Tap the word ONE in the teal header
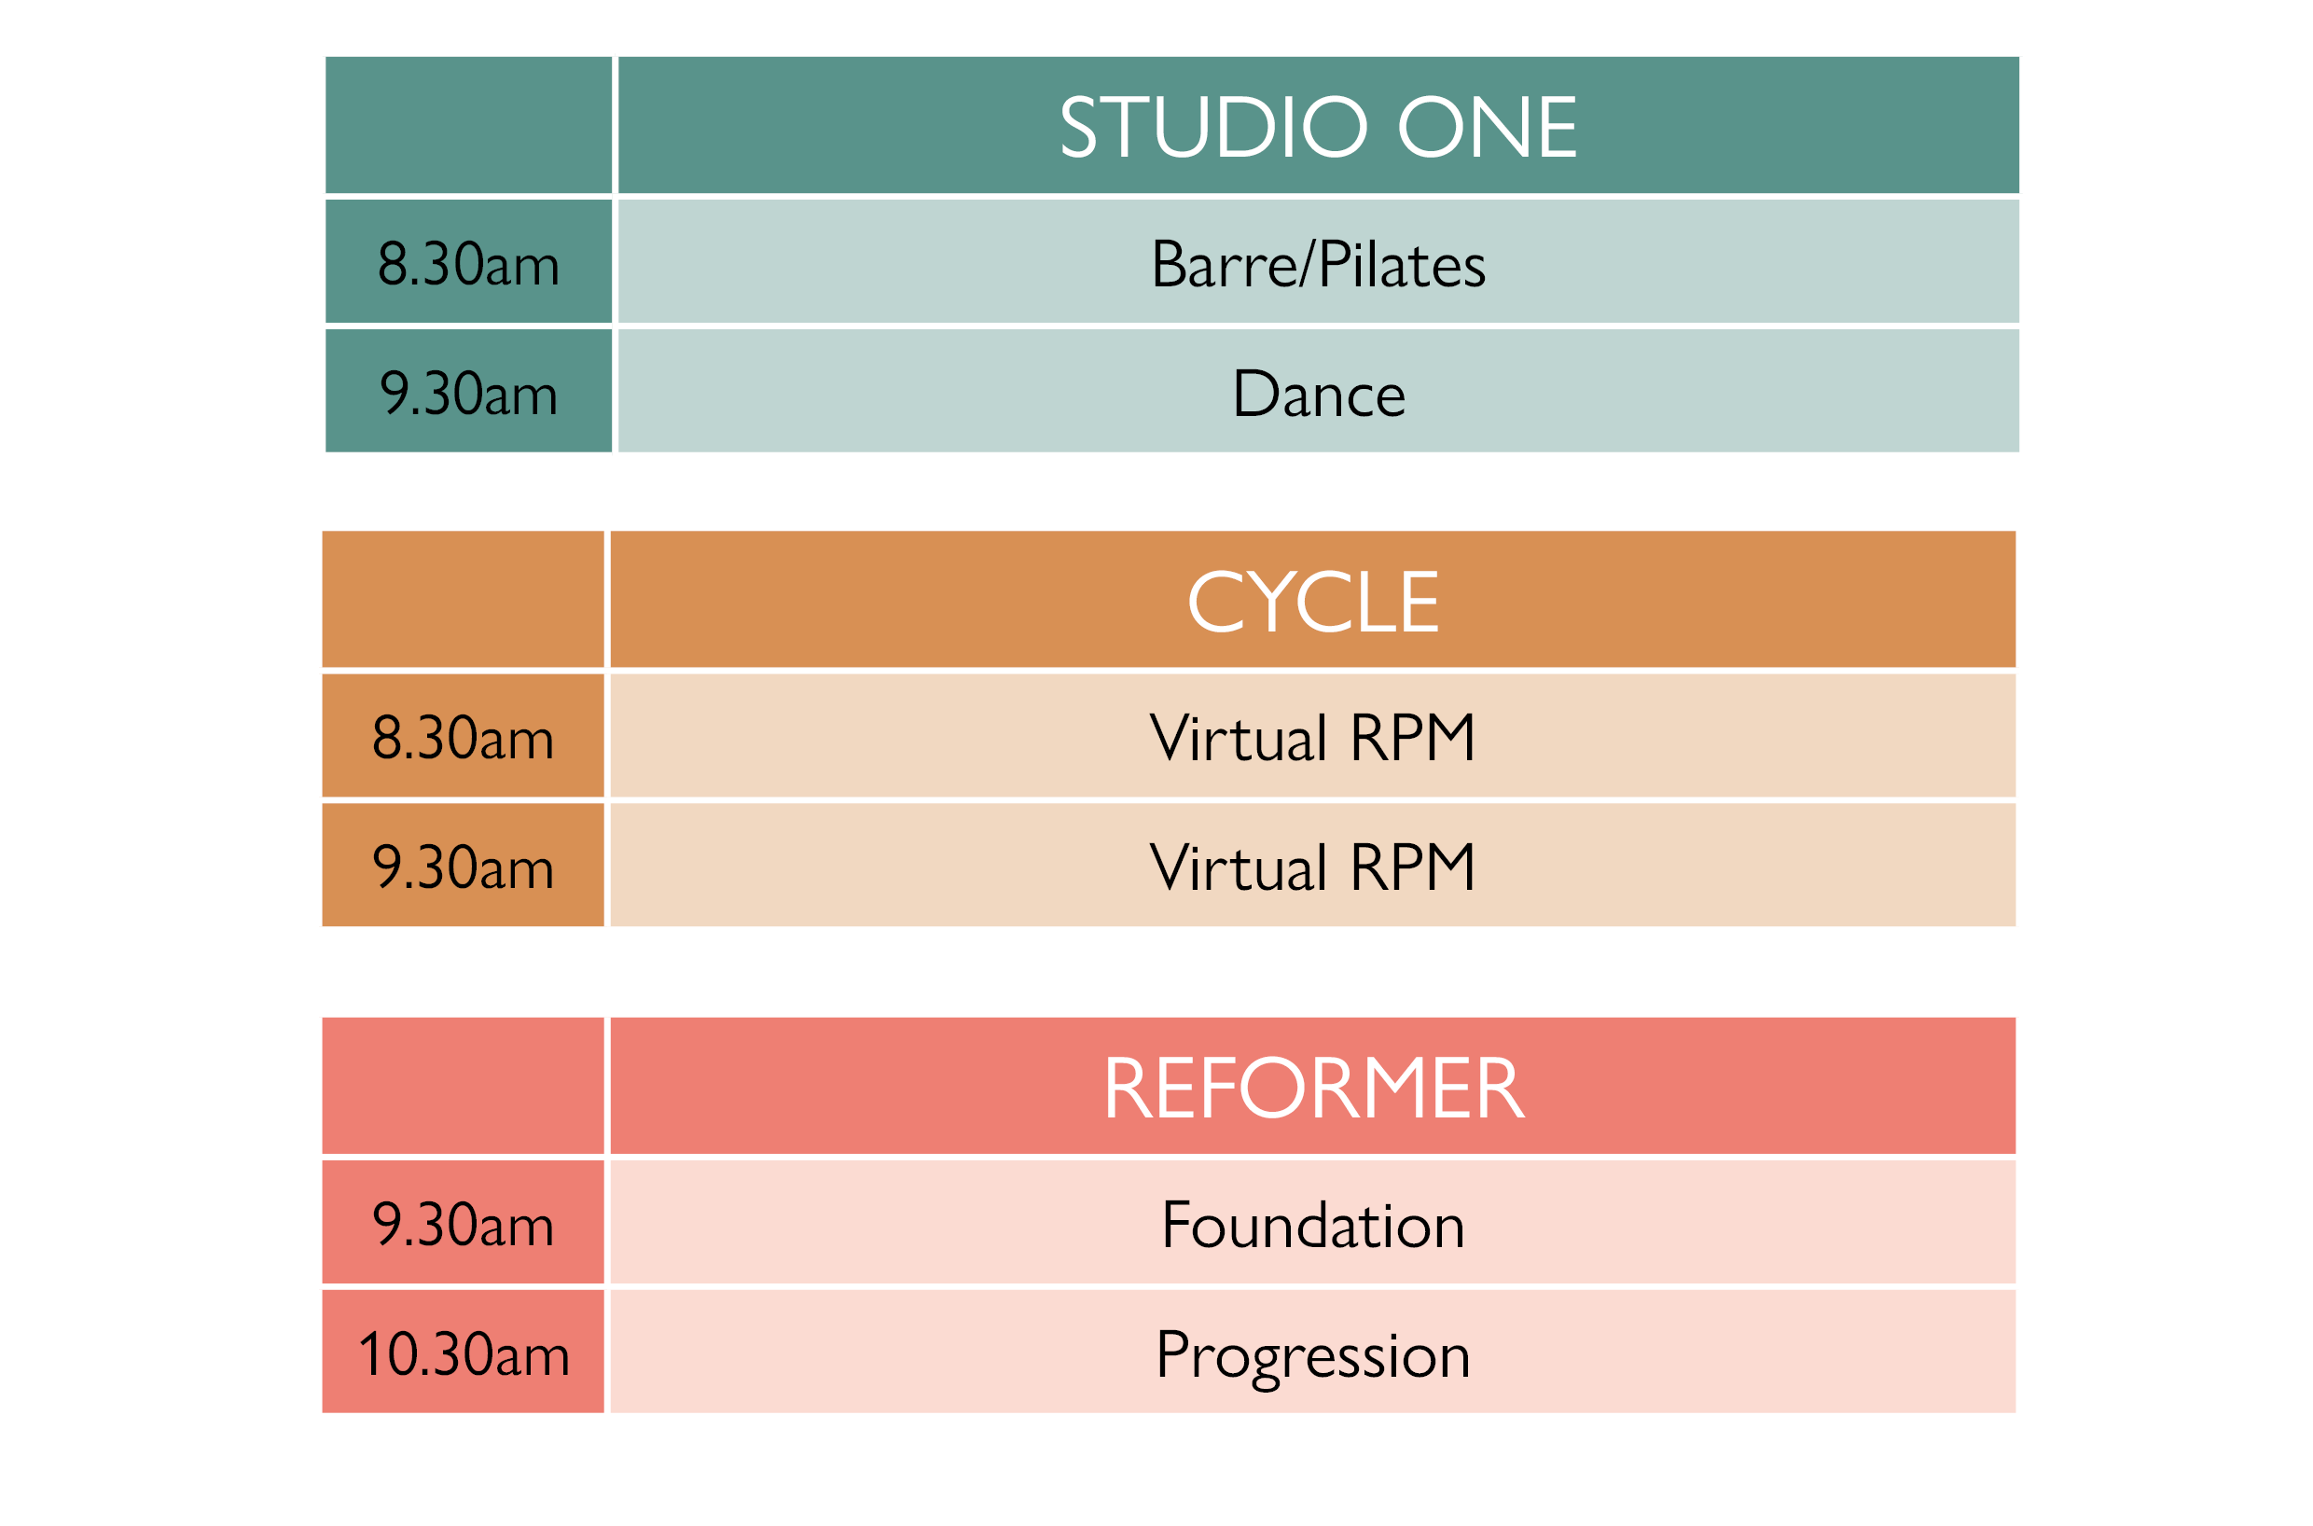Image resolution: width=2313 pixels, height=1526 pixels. coord(1487,127)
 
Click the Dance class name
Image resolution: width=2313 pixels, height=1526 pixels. coord(1319,394)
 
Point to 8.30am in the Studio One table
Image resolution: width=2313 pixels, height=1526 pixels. coord(468,264)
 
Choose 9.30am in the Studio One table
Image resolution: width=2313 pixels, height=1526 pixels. coord(468,394)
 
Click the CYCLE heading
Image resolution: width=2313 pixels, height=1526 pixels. coord(1311,602)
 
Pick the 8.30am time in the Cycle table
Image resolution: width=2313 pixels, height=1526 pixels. coord(463,738)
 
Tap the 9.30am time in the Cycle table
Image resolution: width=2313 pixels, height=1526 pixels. coord(463,867)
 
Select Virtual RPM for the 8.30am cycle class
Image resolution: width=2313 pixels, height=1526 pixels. coord(1311,738)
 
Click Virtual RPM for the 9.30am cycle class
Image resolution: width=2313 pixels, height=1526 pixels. coord(1311,867)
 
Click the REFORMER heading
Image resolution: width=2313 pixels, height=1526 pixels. coord(1312,1088)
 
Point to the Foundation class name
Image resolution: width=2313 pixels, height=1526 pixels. coord(1312,1225)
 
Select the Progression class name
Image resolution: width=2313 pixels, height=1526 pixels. coord(1312,1356)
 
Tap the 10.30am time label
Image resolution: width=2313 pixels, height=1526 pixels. coord(464,1353)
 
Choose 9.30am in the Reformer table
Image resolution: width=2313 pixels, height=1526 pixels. coord(463,1225)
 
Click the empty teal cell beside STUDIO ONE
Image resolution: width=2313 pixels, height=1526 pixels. coord(468,126)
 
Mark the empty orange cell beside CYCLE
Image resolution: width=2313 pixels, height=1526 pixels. coord(463,599)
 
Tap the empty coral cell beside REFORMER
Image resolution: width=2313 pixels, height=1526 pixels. coord(463,1085)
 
